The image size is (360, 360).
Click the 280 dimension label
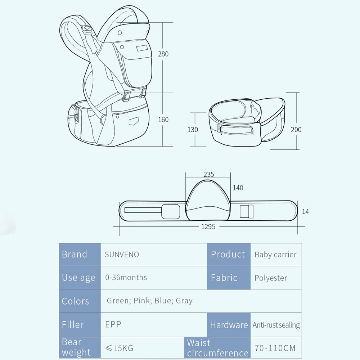pos(163,54)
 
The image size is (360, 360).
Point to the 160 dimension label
pos(163,120)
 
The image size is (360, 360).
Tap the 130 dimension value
pos(193,130)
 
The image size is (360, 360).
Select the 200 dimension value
pos(296,130)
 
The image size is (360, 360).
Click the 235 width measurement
pos(208,174)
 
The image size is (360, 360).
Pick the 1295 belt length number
pos(208,227)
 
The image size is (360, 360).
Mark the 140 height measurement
pos(238,188)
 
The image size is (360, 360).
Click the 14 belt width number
pos(305,212)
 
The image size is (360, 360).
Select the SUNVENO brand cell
pos(122,255)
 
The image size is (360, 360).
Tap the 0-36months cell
pos(126,278)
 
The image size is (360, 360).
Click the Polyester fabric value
pos(271,278)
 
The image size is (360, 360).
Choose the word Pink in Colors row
pos(142,301)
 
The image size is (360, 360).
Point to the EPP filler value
pos(113,324)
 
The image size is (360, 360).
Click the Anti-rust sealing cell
pos(276,325)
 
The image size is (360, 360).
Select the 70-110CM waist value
pos(275,348)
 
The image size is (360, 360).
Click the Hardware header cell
pos(229,325)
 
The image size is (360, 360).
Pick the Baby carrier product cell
pos(275,255)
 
